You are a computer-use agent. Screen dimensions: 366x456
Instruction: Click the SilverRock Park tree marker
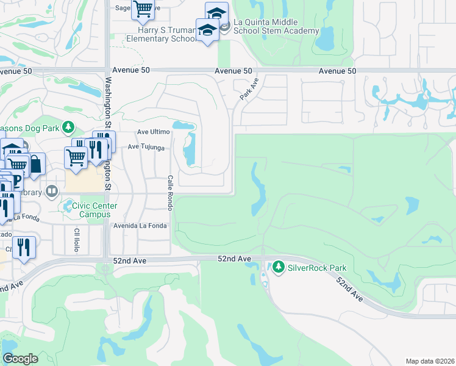(x=279, y=267)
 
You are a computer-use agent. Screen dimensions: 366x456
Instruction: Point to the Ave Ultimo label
(x=154, y=132)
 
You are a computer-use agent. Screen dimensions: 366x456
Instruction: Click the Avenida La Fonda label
(x=140, y=226)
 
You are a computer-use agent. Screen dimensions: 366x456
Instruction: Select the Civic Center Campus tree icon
(x=66, y=206)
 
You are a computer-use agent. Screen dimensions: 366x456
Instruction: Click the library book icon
(x=52, y=192)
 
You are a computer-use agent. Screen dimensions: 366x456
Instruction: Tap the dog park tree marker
(x=69, y=127)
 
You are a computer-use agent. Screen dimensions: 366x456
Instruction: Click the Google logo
(x=20, y=358)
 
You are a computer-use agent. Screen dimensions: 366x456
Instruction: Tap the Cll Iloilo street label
(x=77, y=242)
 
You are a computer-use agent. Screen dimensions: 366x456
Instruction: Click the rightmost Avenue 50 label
(x=337, y=71)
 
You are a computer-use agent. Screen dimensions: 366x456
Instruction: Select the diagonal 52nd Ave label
(x=349, y=289)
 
